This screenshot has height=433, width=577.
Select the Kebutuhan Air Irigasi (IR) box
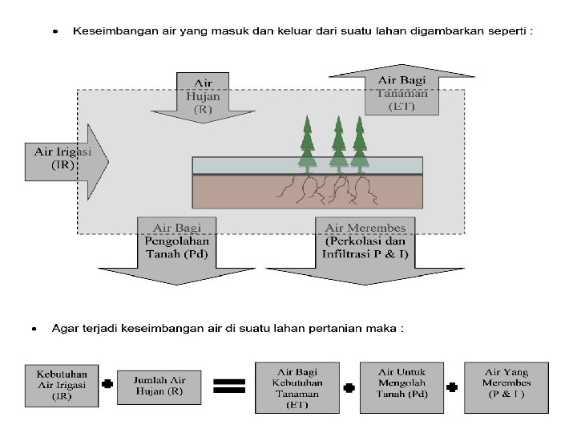(x=62, y=384)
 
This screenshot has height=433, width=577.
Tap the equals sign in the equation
(x=228, y=386)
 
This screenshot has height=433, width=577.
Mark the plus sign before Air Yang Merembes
(x=453, y=386)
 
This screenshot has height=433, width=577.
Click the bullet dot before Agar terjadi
(x=34, y=329)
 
